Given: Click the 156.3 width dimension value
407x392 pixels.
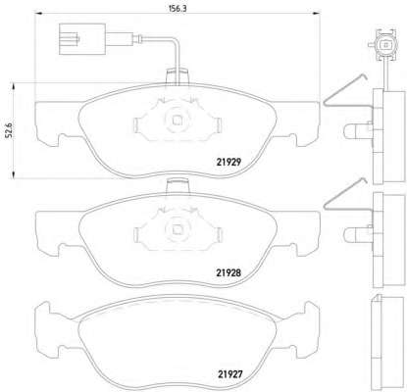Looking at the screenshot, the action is (x=178, y=9).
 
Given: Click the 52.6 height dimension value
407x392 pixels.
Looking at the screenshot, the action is (x=9, y=130).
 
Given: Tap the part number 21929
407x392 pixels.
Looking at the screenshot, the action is (x=229, y=162).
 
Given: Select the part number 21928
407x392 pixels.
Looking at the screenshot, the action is (x=229, y=272).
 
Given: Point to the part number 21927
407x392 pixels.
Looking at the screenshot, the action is (x=230, y=373).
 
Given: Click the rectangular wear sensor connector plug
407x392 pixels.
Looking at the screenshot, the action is (x=82, y=39).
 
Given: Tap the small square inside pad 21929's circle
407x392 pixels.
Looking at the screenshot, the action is (x=178, y=121).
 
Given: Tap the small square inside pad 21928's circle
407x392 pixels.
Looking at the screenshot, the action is (x=178, y=230).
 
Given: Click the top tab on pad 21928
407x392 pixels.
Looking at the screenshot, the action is (x=178, y=186).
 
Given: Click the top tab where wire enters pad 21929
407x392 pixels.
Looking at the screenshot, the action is (x=178, y=76).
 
